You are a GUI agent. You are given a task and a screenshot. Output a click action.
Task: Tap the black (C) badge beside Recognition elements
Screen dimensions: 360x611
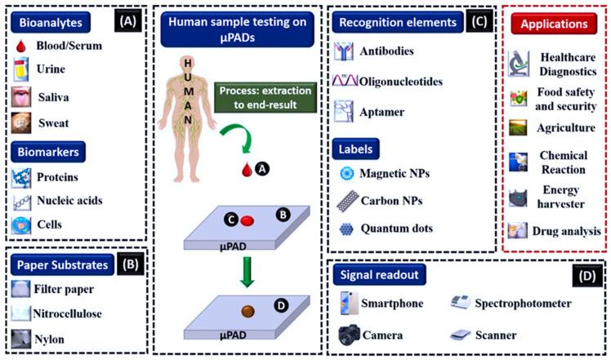click(477, 21)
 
